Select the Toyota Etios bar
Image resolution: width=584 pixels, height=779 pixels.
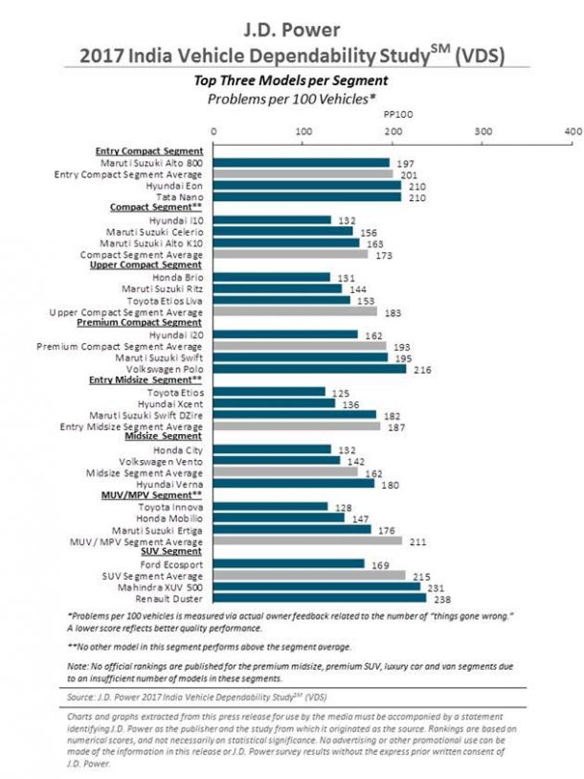coord(269,392)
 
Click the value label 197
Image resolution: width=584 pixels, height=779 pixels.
coord(405,163)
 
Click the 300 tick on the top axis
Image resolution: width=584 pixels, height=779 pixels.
coord(483,130)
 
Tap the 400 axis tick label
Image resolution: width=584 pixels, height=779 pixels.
coord(573,130)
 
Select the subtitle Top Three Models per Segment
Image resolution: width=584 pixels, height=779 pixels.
coord(292,81)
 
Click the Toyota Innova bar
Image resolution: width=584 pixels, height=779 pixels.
coord(270,506)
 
